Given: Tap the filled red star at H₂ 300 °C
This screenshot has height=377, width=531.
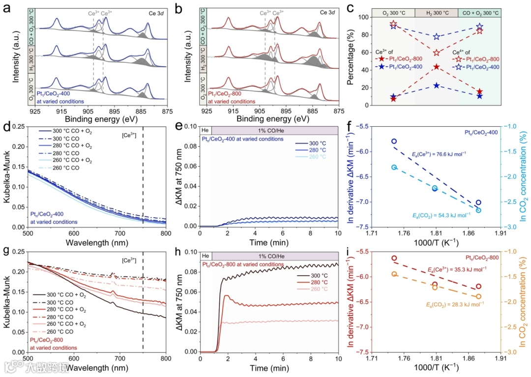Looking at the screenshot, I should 436,66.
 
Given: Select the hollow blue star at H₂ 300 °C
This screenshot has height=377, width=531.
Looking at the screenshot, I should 436,37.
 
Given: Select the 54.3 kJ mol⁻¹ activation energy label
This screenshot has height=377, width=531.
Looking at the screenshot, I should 434,215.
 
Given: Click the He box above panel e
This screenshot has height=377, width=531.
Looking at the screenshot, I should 205,130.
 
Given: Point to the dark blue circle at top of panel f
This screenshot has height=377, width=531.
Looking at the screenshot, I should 394,141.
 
